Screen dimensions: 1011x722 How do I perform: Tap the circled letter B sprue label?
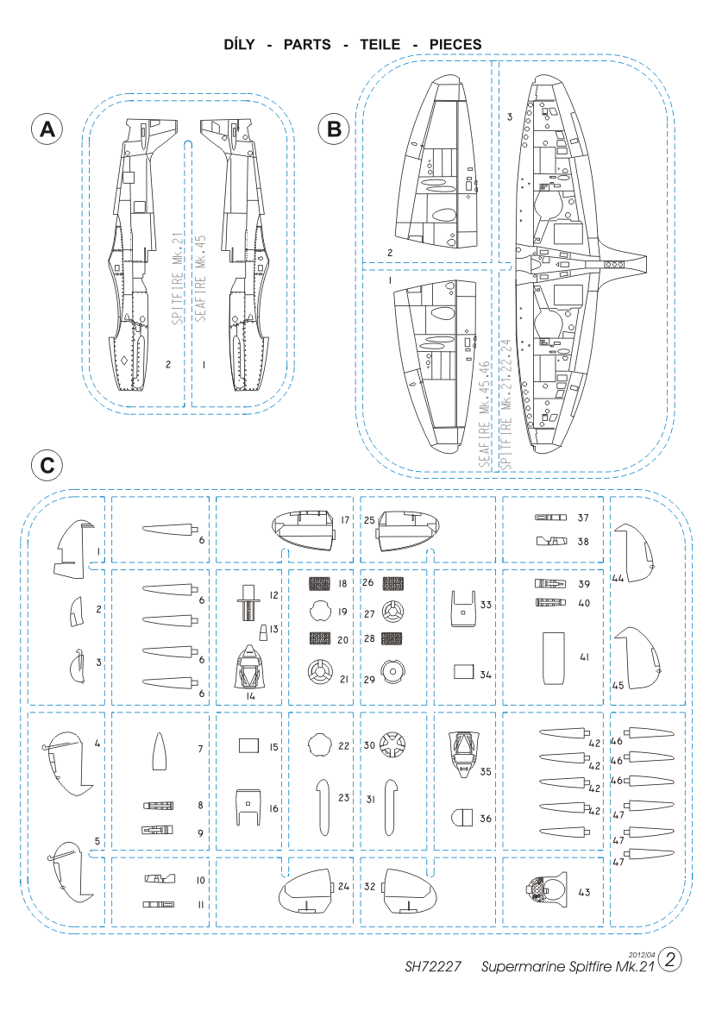pos(333,129)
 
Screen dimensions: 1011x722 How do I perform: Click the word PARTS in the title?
pos(306,44)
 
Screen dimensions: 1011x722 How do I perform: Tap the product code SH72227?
pos(434,966)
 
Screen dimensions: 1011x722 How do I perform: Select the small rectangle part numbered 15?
pos(248,744)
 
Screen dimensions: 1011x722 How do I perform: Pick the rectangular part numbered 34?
pos(464,673)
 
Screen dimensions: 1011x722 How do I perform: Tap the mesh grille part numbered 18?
pos(321,583)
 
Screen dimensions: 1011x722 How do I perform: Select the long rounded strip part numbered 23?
pos(321,807)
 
